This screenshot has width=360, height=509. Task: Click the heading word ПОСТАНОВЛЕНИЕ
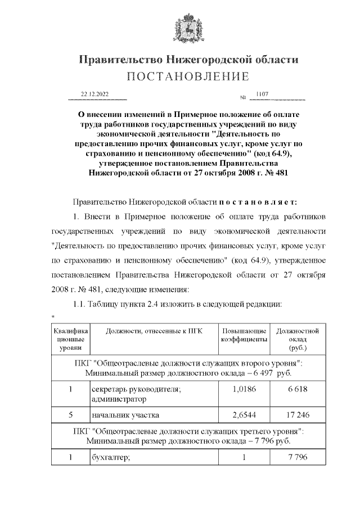[188, 76]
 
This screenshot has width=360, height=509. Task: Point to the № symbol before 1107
[244, 98]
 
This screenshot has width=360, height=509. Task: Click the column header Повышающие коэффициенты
[244, 335]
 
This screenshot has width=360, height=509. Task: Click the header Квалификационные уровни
[70, 340]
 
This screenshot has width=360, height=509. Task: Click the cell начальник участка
[125, 416]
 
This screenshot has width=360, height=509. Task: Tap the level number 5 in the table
[70, 415]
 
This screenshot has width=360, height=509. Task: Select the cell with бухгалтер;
[111, 457]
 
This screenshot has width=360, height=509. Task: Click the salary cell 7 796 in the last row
[298, 457]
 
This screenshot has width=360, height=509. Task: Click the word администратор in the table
[119, 399]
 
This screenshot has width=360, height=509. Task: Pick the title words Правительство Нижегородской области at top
[188, 60]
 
